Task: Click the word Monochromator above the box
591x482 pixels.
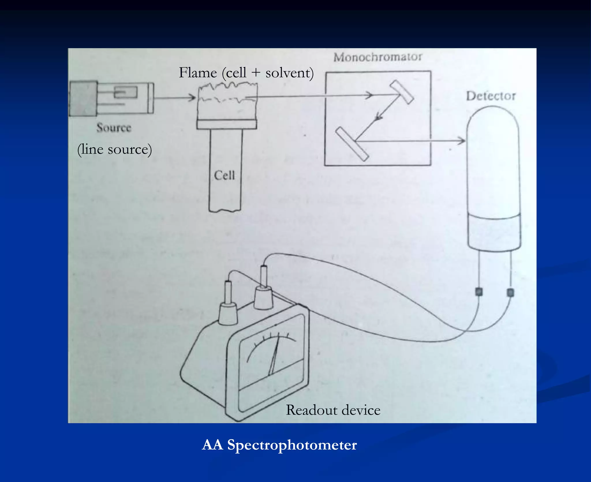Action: click(378, 57)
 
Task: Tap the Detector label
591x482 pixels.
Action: click(491, 96)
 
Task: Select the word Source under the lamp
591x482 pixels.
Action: click(114, 128)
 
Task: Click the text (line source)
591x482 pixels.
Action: click(115, 150)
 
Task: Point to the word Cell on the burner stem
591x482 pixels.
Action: click(224, 175)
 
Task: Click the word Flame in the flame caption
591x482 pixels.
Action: click(198, 72)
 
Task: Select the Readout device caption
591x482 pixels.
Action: click(333, 410)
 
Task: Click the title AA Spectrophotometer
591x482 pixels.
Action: click(279, 445)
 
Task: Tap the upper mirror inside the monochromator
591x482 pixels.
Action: click(402, 92)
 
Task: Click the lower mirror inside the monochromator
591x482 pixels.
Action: click(352, 144)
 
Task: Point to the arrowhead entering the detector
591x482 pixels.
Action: click(462, 141)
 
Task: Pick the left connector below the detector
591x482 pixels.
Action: click(479, 292)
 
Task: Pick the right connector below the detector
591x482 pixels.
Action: click(510, 293)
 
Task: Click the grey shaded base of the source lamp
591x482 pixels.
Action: click(83, 99)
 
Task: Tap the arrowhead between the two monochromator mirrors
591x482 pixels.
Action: click(378, 117)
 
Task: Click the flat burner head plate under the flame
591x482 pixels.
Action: click(227, 124)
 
